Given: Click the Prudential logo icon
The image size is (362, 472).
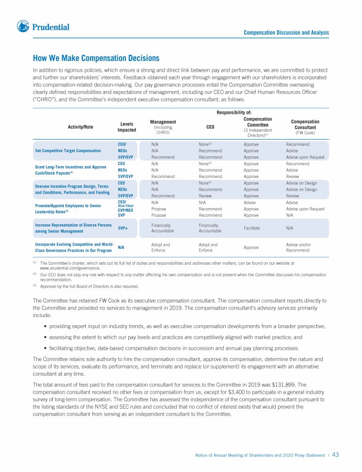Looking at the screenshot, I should (23, 26).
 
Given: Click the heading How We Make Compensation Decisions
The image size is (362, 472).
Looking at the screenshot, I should (96, 59).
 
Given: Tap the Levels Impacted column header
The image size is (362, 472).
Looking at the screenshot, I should (127, 126).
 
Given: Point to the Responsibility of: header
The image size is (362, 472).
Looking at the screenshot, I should (234, 112).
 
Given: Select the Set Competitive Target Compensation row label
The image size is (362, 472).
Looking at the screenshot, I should (68, 151).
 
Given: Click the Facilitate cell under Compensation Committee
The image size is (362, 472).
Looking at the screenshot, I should (252, 228).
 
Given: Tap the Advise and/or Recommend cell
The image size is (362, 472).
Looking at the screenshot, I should (298, 247).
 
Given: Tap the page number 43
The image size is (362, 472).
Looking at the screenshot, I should (336, 455).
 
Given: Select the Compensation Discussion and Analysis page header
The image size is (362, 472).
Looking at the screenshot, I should (286, 33).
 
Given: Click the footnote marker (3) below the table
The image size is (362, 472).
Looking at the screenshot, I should (34, 286).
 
